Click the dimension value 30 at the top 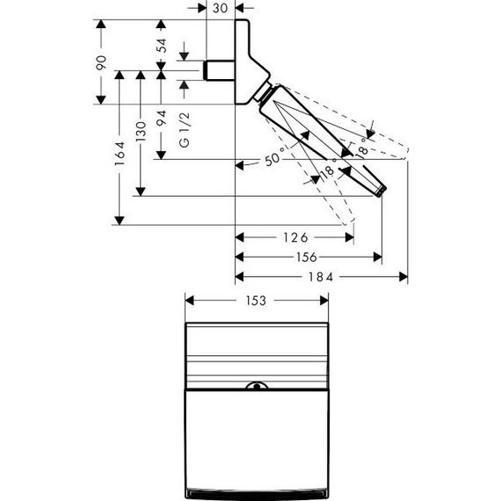[220, 8]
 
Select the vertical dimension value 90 [101, 63]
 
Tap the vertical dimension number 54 [162, 46]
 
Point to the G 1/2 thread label [185, 130]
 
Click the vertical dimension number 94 [162, 118]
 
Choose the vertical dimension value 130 [141, 131]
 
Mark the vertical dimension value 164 [120, 154]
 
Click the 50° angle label [274, 157]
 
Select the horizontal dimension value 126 [296, 237]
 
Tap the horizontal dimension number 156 [307, 257]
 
